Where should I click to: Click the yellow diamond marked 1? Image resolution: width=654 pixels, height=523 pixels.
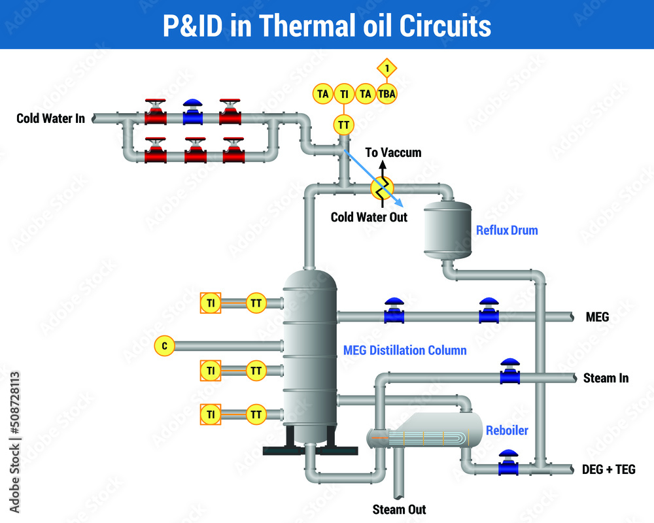coord(387,68)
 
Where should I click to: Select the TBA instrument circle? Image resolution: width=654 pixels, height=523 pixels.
coord(387,93)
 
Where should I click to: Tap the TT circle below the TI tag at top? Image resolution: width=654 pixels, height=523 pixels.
coord(343,124)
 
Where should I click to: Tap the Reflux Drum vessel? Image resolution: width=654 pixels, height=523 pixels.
coord(447,229)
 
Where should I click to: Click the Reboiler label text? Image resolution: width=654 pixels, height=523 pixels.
coord(507,431)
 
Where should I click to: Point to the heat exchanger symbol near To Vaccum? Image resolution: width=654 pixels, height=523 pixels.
coord(382,187)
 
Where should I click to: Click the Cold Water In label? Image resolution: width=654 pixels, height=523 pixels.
coord(50,118)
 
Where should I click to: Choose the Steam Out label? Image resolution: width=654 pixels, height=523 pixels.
coord(399,509)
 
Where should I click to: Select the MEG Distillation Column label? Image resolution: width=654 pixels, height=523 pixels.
coord(405,350)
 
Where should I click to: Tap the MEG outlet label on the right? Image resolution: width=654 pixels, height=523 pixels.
coord(597,318)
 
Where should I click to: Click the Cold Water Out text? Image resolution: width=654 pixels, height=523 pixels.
coord(369,217)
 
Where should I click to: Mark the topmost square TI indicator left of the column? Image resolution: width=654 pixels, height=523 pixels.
coord(211,303)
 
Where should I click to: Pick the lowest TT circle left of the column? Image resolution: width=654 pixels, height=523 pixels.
coord(256,414)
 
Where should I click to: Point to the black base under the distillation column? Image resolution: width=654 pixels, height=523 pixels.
coord(310,450)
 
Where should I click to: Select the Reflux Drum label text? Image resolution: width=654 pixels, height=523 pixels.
coord(507,230)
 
